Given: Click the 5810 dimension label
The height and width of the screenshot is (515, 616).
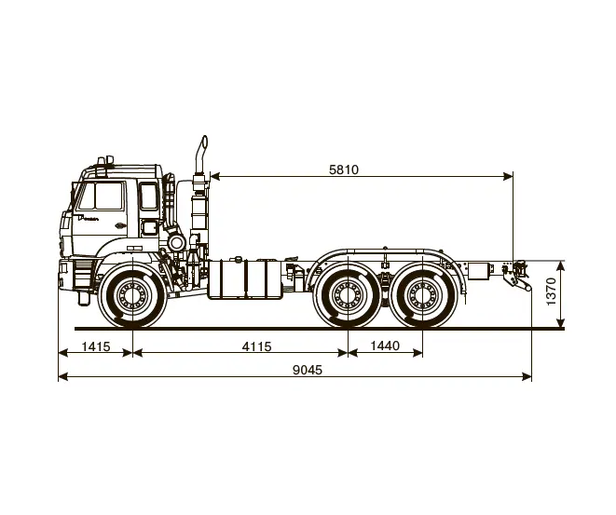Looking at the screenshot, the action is [x=344, y=169].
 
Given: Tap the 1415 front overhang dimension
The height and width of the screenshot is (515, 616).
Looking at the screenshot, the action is [x=96, y=346].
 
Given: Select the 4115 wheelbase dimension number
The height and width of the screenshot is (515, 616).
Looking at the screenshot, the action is [x=256, y=346].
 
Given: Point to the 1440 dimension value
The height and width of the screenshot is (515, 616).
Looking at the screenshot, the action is [x=385, y=346].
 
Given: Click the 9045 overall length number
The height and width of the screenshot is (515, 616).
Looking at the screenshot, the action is [x=308, y=370].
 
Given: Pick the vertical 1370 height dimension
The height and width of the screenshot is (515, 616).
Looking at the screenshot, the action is [x=551, y=291].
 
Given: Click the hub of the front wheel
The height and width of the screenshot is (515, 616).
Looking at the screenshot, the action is [x=132, y=295].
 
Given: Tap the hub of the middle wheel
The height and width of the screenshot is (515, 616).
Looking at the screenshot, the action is [x=348, y=295].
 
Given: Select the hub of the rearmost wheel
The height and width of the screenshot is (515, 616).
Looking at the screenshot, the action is [x=422, y=295].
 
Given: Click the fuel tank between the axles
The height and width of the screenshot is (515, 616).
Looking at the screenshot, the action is [x=244, y=279].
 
